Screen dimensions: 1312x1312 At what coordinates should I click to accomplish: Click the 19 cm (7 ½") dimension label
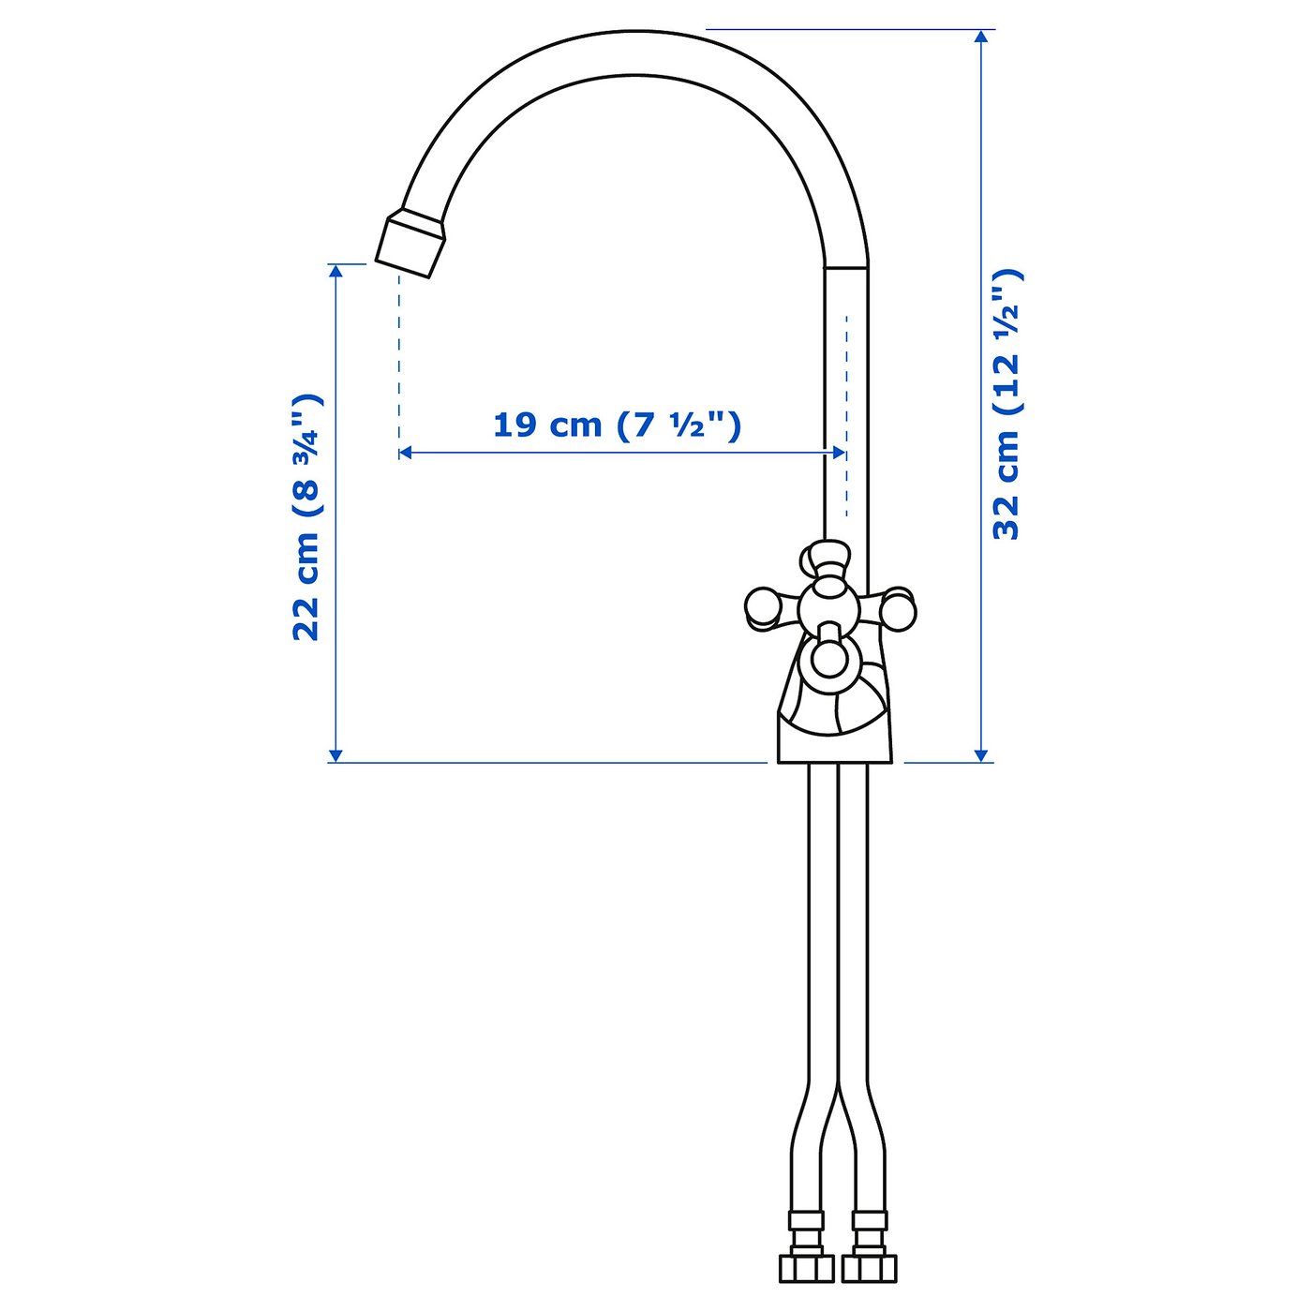click(x=617, y=425)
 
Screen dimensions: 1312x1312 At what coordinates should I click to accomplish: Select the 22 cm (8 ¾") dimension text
click(x=306, y=517)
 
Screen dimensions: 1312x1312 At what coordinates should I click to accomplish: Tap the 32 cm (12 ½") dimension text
click(x=1006, y=404)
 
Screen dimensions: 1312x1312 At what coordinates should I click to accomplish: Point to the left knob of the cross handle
click(x=763, y=608)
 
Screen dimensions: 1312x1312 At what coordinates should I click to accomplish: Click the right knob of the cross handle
click(x=898, y=608)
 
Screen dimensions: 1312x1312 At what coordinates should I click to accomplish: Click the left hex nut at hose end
click(x=806, y=1268)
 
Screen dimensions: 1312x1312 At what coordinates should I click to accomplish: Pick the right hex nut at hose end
click(x=869, y=1268)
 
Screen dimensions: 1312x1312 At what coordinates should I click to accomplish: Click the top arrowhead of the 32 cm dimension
click(x=981, y=37)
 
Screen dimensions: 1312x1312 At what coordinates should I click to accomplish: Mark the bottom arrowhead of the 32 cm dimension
click(x=981, y=754)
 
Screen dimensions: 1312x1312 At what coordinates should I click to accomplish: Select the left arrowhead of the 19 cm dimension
click(x=406, y=453)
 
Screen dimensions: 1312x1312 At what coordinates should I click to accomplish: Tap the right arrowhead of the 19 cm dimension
click(x=839, y=453)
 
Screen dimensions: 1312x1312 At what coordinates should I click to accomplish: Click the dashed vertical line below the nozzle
click(x=399, y=356)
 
